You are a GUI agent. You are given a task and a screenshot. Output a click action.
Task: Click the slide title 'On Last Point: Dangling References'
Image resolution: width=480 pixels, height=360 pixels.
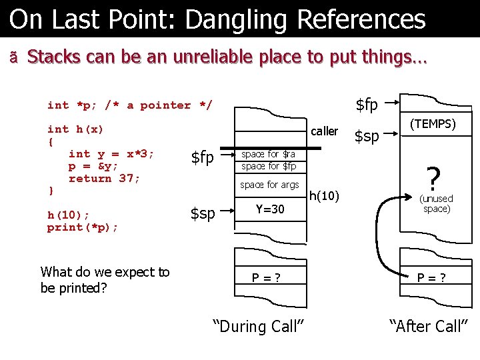click(217, 19)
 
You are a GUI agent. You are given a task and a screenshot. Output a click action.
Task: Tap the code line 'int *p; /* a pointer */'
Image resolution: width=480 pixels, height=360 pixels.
click(130, 105)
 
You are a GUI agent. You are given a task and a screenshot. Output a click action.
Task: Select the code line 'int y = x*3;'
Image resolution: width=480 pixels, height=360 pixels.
click(111, 154)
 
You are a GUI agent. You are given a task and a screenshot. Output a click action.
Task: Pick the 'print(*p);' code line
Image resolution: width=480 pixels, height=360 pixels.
click(83, 227)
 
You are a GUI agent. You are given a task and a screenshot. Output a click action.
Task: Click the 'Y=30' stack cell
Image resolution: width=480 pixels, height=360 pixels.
click(270, 209)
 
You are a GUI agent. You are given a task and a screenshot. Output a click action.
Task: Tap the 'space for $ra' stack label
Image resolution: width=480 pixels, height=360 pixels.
click(268, 154)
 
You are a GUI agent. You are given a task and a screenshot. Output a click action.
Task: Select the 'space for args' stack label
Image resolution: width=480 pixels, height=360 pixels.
click(269, 185)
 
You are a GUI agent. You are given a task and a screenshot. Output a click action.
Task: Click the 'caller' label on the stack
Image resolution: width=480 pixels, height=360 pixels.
click(324, 131)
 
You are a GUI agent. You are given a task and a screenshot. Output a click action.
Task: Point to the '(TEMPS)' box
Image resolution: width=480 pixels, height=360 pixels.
click(433, 124)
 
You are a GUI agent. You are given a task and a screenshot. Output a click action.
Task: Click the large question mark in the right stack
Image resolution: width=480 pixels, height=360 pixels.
click(433, 178)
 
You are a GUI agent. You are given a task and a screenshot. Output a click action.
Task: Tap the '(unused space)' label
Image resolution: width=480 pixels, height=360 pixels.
click(436, 203)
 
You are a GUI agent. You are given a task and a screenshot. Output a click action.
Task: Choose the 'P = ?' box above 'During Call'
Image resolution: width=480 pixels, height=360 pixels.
click(265, 278)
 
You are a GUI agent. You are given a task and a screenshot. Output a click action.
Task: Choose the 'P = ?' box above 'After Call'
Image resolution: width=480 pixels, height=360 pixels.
click(431, 278)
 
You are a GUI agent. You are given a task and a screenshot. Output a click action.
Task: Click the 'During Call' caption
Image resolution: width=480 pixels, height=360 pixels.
click(259, 326)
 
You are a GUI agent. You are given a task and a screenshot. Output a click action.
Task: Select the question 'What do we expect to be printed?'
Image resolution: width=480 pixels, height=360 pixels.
click(105, 280)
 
